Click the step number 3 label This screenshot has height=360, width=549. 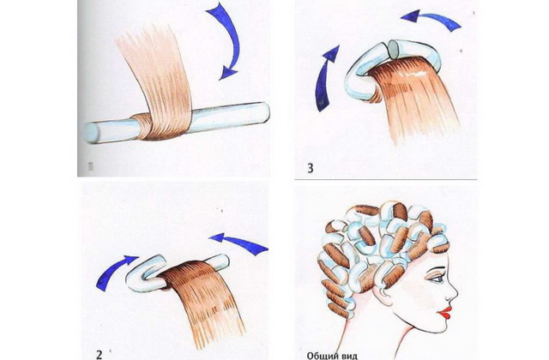(x=311, y=168)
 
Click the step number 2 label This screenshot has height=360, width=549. (x=99, y=355)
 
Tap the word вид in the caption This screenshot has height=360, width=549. (x=348, y=357)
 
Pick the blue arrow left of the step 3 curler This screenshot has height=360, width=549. (x=324, y=79)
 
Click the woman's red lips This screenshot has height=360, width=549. (x=446, y=312)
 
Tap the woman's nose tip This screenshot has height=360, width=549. (x=456, y=293)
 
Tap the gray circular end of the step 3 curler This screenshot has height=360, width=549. (x=395, y=49)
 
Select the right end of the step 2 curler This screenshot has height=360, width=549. (x=221, y=261)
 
